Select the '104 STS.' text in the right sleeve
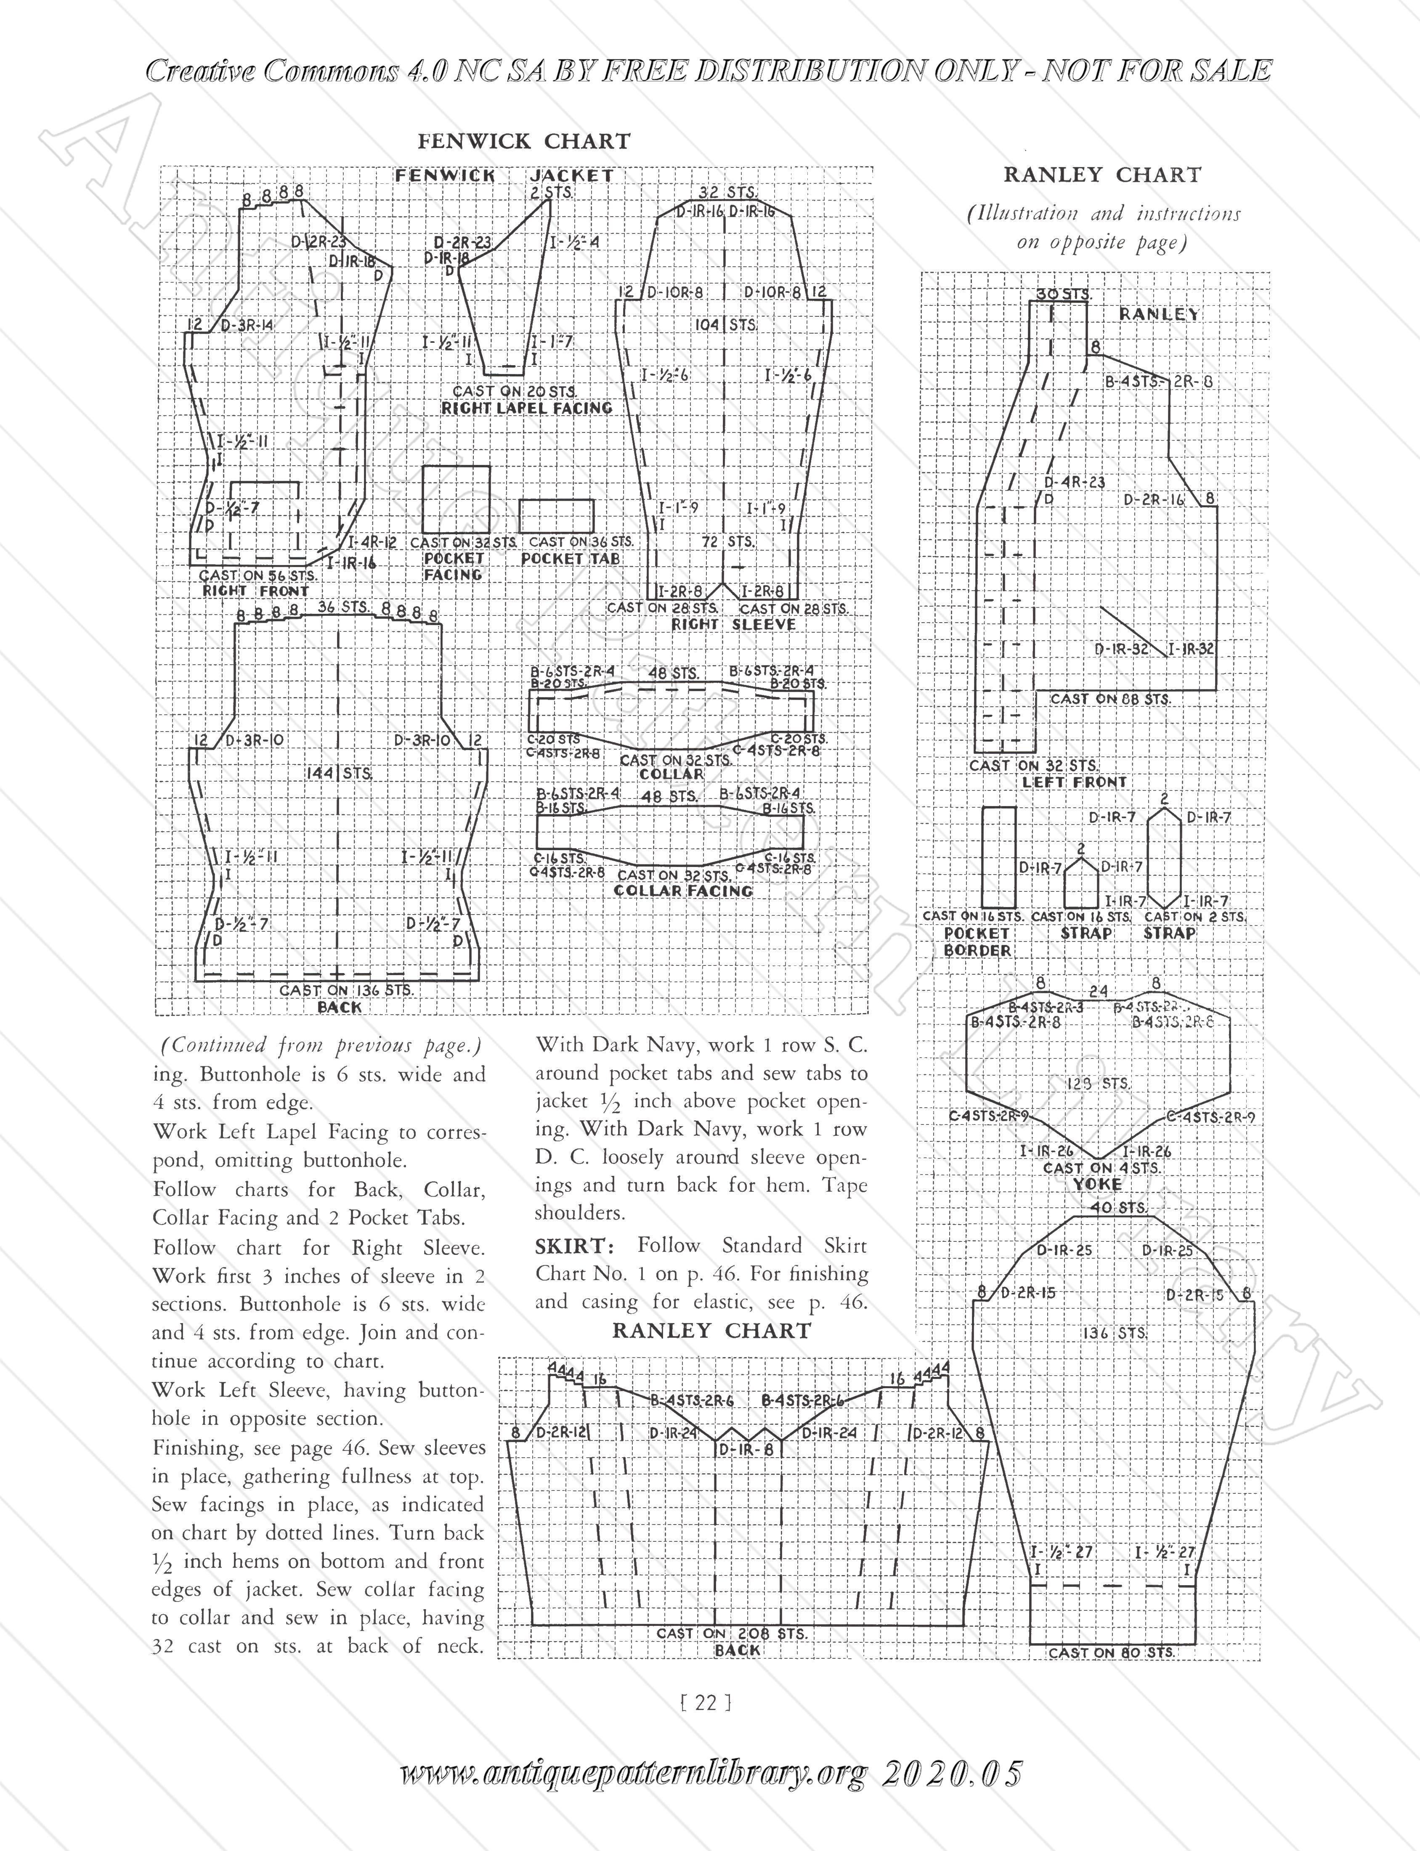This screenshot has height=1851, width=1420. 725,325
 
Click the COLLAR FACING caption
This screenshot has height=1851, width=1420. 683,891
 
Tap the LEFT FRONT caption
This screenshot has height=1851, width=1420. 1074,782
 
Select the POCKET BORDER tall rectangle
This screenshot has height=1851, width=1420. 998,857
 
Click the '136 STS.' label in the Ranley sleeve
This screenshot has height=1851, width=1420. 1114,1333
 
